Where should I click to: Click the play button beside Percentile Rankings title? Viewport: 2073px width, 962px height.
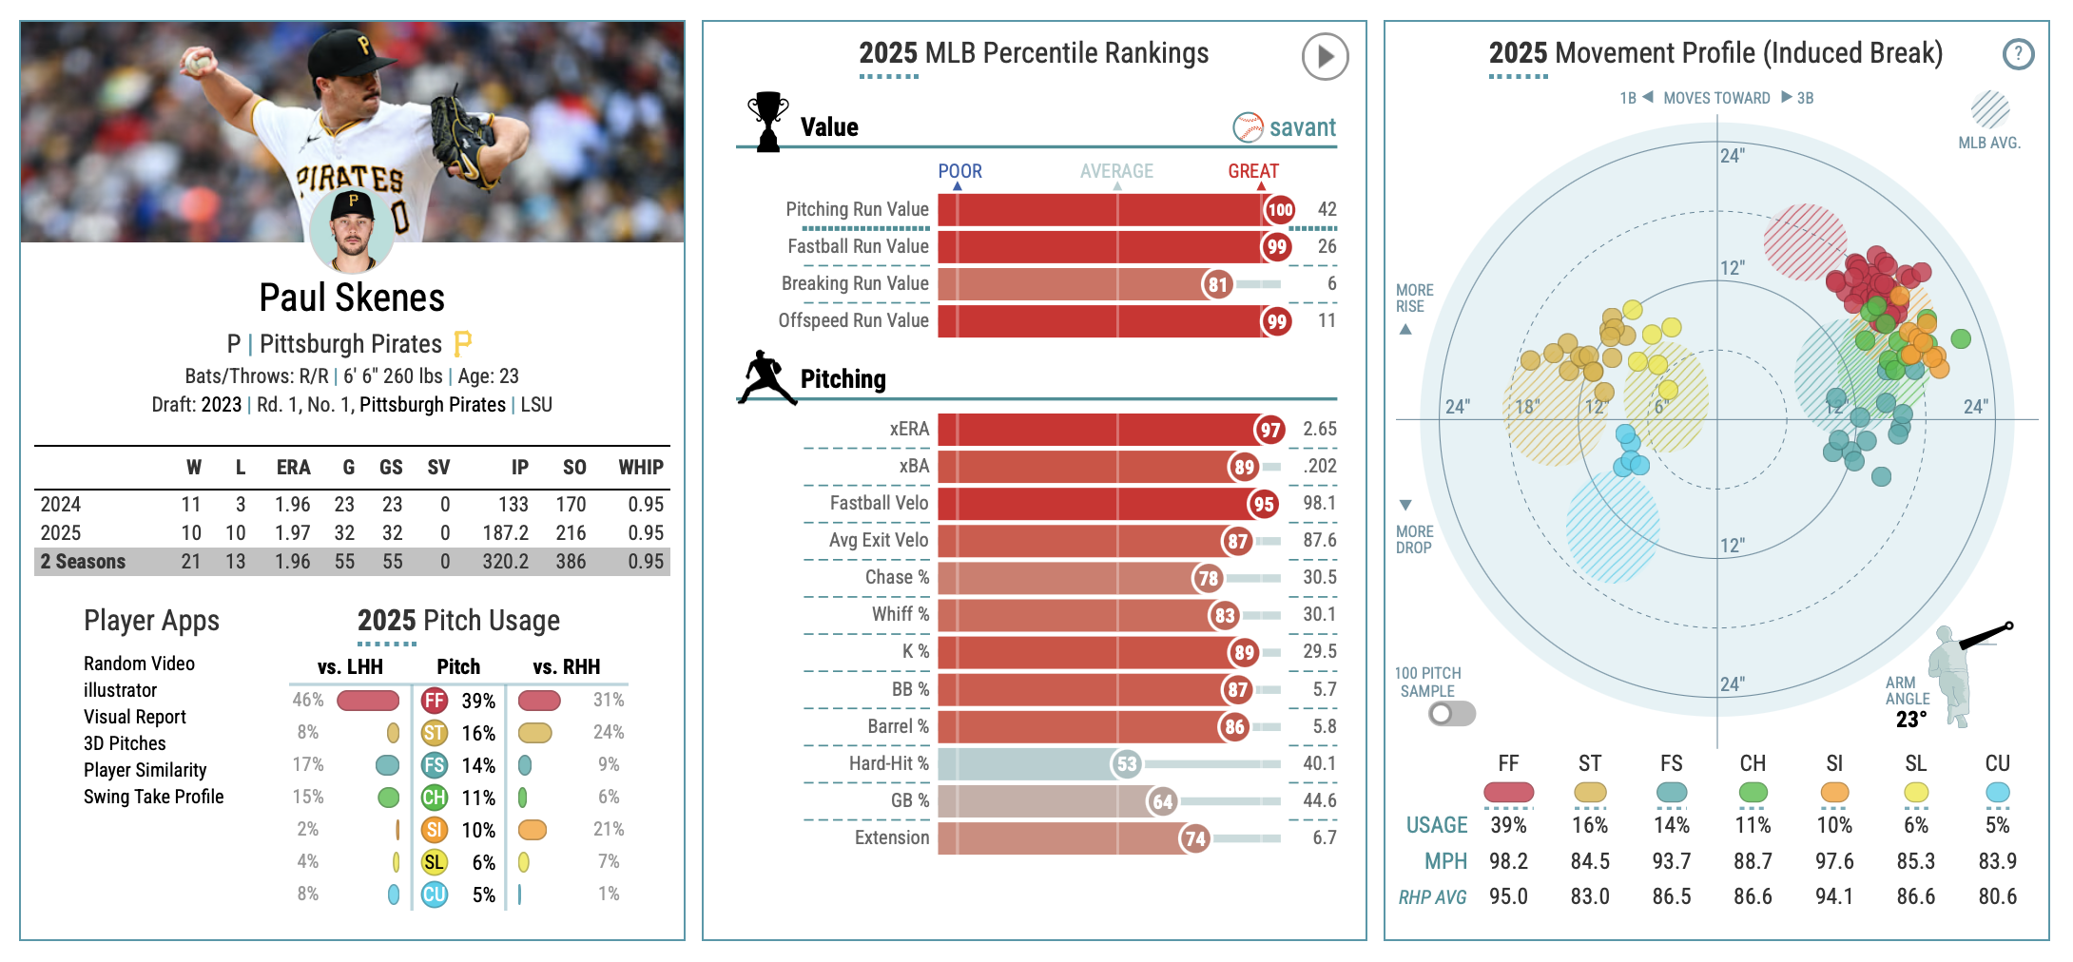(1325, 56)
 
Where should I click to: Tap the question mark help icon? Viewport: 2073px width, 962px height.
(2018, 54)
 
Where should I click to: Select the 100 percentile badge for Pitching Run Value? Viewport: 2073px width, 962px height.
(1280, 210)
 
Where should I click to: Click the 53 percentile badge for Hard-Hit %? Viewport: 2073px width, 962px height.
(1127, 763)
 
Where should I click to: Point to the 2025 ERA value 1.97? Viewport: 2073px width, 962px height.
(293, 533)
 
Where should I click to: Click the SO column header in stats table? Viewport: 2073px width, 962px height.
(574, 468)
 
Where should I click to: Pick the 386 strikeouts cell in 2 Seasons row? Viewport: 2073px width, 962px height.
(571, 562)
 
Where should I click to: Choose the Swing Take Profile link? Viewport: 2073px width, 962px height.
(154, 797)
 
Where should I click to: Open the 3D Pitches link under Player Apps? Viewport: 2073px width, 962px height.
(125, 743)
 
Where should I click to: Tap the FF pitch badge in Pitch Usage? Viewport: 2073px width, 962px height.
(435, 701)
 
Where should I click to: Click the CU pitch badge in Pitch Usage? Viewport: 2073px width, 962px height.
(435, 895)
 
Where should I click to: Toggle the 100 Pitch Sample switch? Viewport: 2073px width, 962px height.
(1451, 713)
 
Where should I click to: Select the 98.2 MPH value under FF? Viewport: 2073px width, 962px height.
(1508, 861)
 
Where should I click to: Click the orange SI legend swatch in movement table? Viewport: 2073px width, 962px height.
(1834, 792)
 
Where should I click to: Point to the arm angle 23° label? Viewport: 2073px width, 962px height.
(1911, 720)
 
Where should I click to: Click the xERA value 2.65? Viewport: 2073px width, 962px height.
(1320, 430)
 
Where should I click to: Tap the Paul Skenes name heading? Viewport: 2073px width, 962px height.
(352, 298)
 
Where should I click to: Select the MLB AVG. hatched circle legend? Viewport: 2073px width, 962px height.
(1989, 110)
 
